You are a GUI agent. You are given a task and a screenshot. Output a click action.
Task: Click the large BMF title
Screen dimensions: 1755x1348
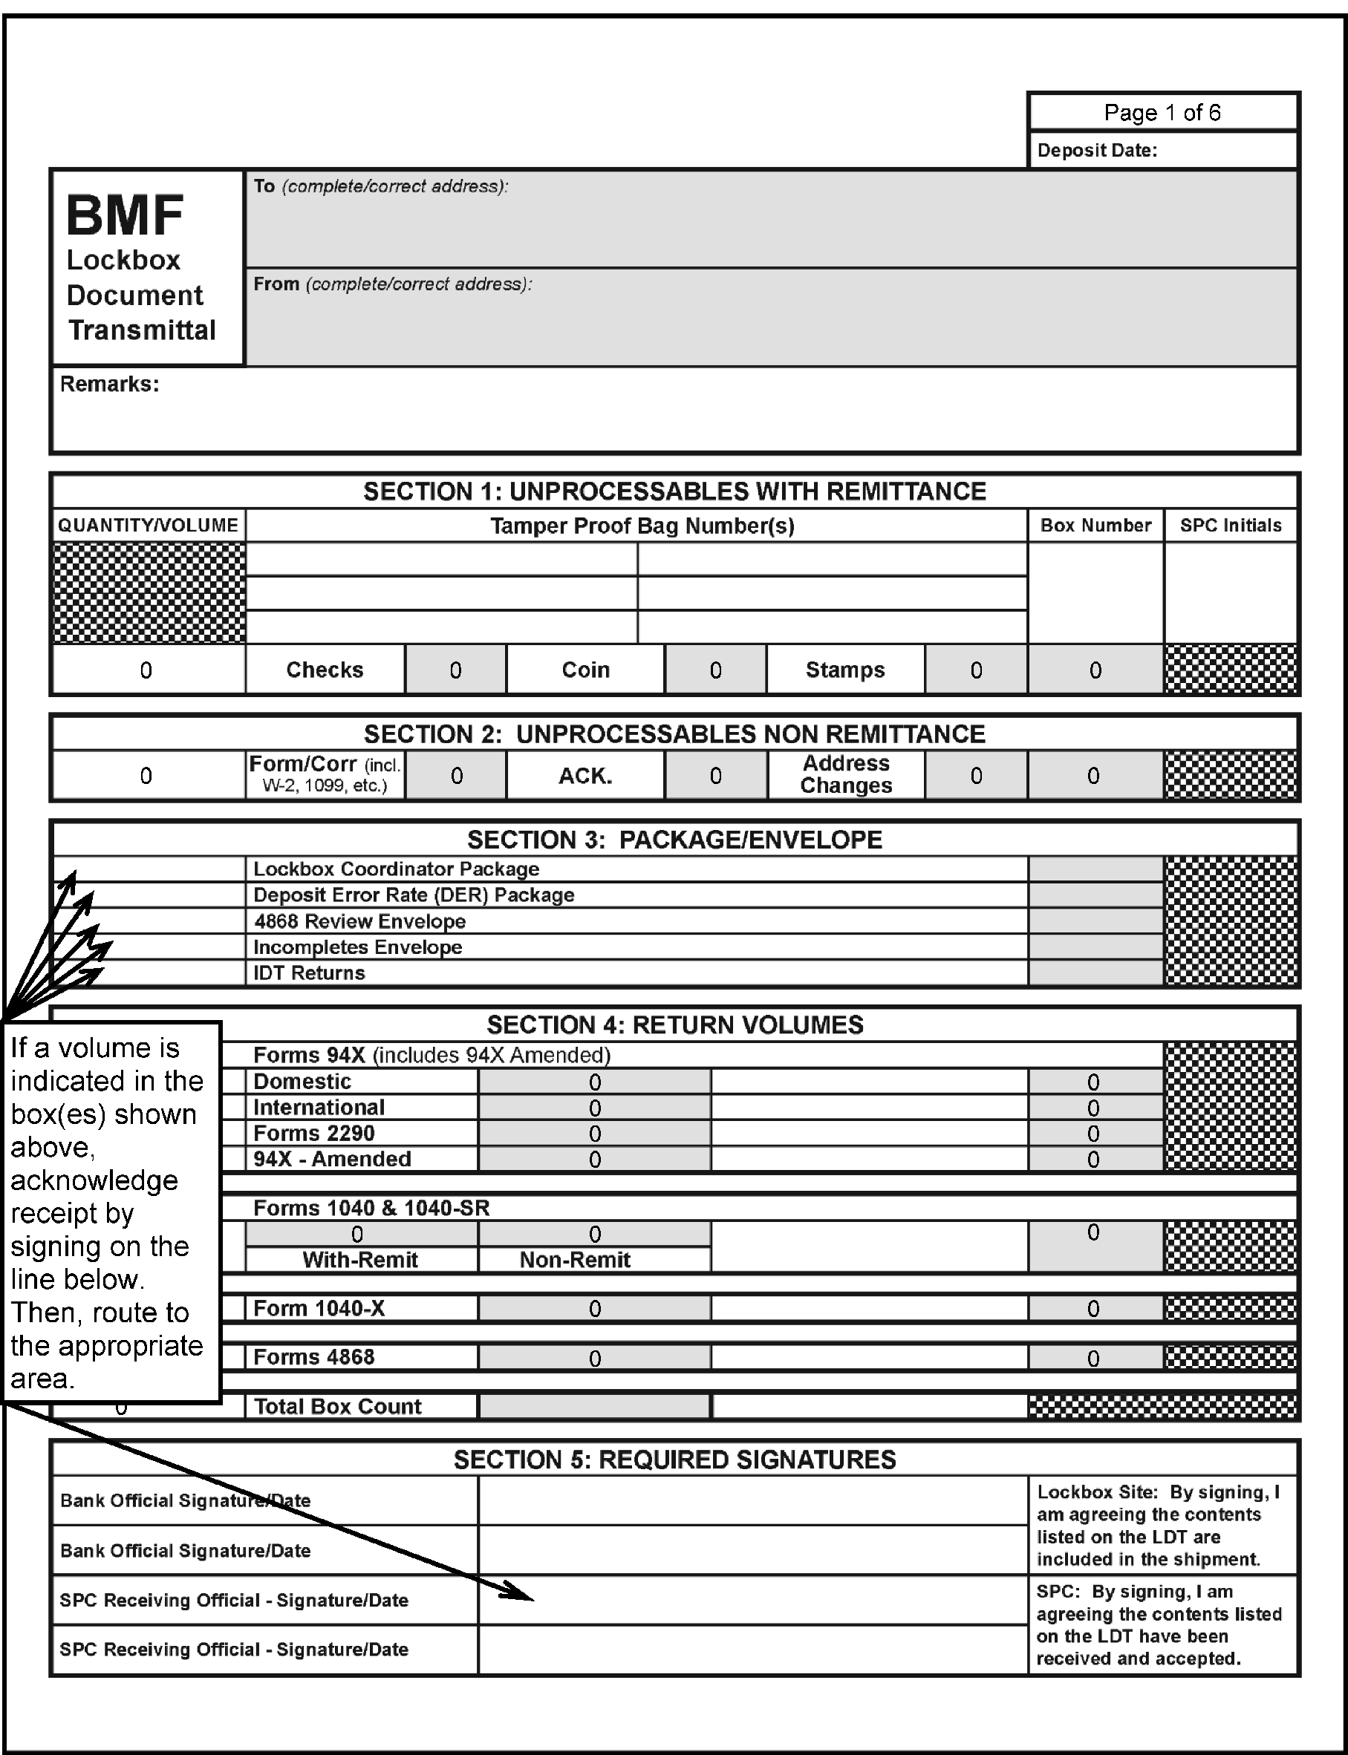(126, 215)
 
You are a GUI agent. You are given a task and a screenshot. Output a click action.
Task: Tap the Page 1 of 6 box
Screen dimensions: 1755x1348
(1162, 112)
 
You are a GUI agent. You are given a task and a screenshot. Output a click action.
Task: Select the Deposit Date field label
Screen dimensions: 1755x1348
(1097, 151)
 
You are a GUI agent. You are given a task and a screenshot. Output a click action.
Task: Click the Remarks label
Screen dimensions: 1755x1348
(109, 385)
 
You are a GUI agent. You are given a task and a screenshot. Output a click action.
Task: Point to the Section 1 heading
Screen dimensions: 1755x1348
(674, 491)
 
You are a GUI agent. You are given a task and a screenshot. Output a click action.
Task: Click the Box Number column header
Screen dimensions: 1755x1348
(1095, 526)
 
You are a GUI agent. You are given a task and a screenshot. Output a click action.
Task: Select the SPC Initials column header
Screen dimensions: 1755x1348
(1230, 526)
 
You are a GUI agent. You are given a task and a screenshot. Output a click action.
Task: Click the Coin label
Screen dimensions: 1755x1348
(585, 670)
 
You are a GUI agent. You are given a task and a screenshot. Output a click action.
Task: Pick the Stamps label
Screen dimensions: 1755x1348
(845, 670)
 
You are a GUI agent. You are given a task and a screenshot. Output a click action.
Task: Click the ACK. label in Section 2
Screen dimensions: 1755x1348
(585, 776)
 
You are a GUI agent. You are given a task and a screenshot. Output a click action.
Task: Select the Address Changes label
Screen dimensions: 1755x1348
(846, 775)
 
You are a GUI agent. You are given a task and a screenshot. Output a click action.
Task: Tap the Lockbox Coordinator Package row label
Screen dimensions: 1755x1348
(396, 869)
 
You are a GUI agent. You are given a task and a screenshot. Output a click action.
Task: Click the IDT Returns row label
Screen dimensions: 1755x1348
(309, 973)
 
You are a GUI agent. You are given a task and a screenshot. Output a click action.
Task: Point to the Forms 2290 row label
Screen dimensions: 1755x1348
(313, 1134)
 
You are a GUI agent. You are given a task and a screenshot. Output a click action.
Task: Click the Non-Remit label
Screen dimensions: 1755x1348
(575, 1259)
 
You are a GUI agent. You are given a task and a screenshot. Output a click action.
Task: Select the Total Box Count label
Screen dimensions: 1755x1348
(337, 1406)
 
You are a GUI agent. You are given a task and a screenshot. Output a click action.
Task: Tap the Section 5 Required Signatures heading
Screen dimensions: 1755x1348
(674, 1459)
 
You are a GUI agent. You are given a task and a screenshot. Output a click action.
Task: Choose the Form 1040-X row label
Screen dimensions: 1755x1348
(319, 1308)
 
